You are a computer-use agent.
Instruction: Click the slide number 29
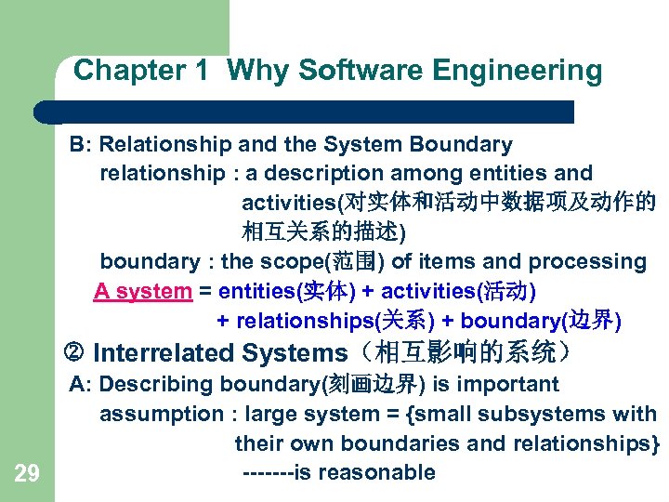point(27,475)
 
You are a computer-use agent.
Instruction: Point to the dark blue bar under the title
point(307,112)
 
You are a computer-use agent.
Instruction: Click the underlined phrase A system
point(142,292)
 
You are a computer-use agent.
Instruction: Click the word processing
point(595,262)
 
